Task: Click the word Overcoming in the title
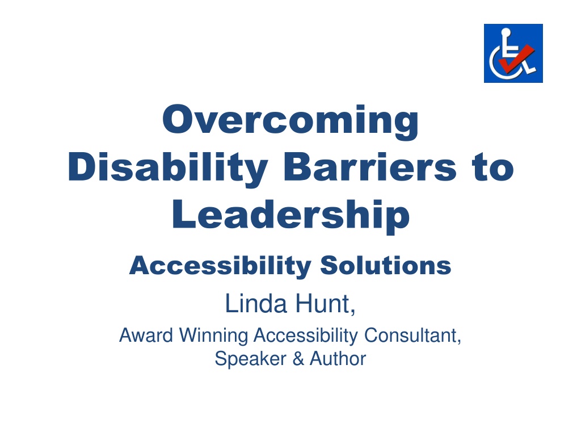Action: coord(290,121)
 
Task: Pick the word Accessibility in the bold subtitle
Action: coord(220,266)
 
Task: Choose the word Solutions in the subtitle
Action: coord(386,266)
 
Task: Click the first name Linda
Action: coord(256,304)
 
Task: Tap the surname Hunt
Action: coord(323,304)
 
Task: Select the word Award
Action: coord(146,335)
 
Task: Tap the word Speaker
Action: coord(250,359)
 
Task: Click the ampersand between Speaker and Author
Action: coord(298,359)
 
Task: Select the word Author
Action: coord(338,359)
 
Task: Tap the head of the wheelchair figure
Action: coord(506,32)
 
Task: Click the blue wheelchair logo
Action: coord(513,53)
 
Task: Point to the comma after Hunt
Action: coord(353,312)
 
